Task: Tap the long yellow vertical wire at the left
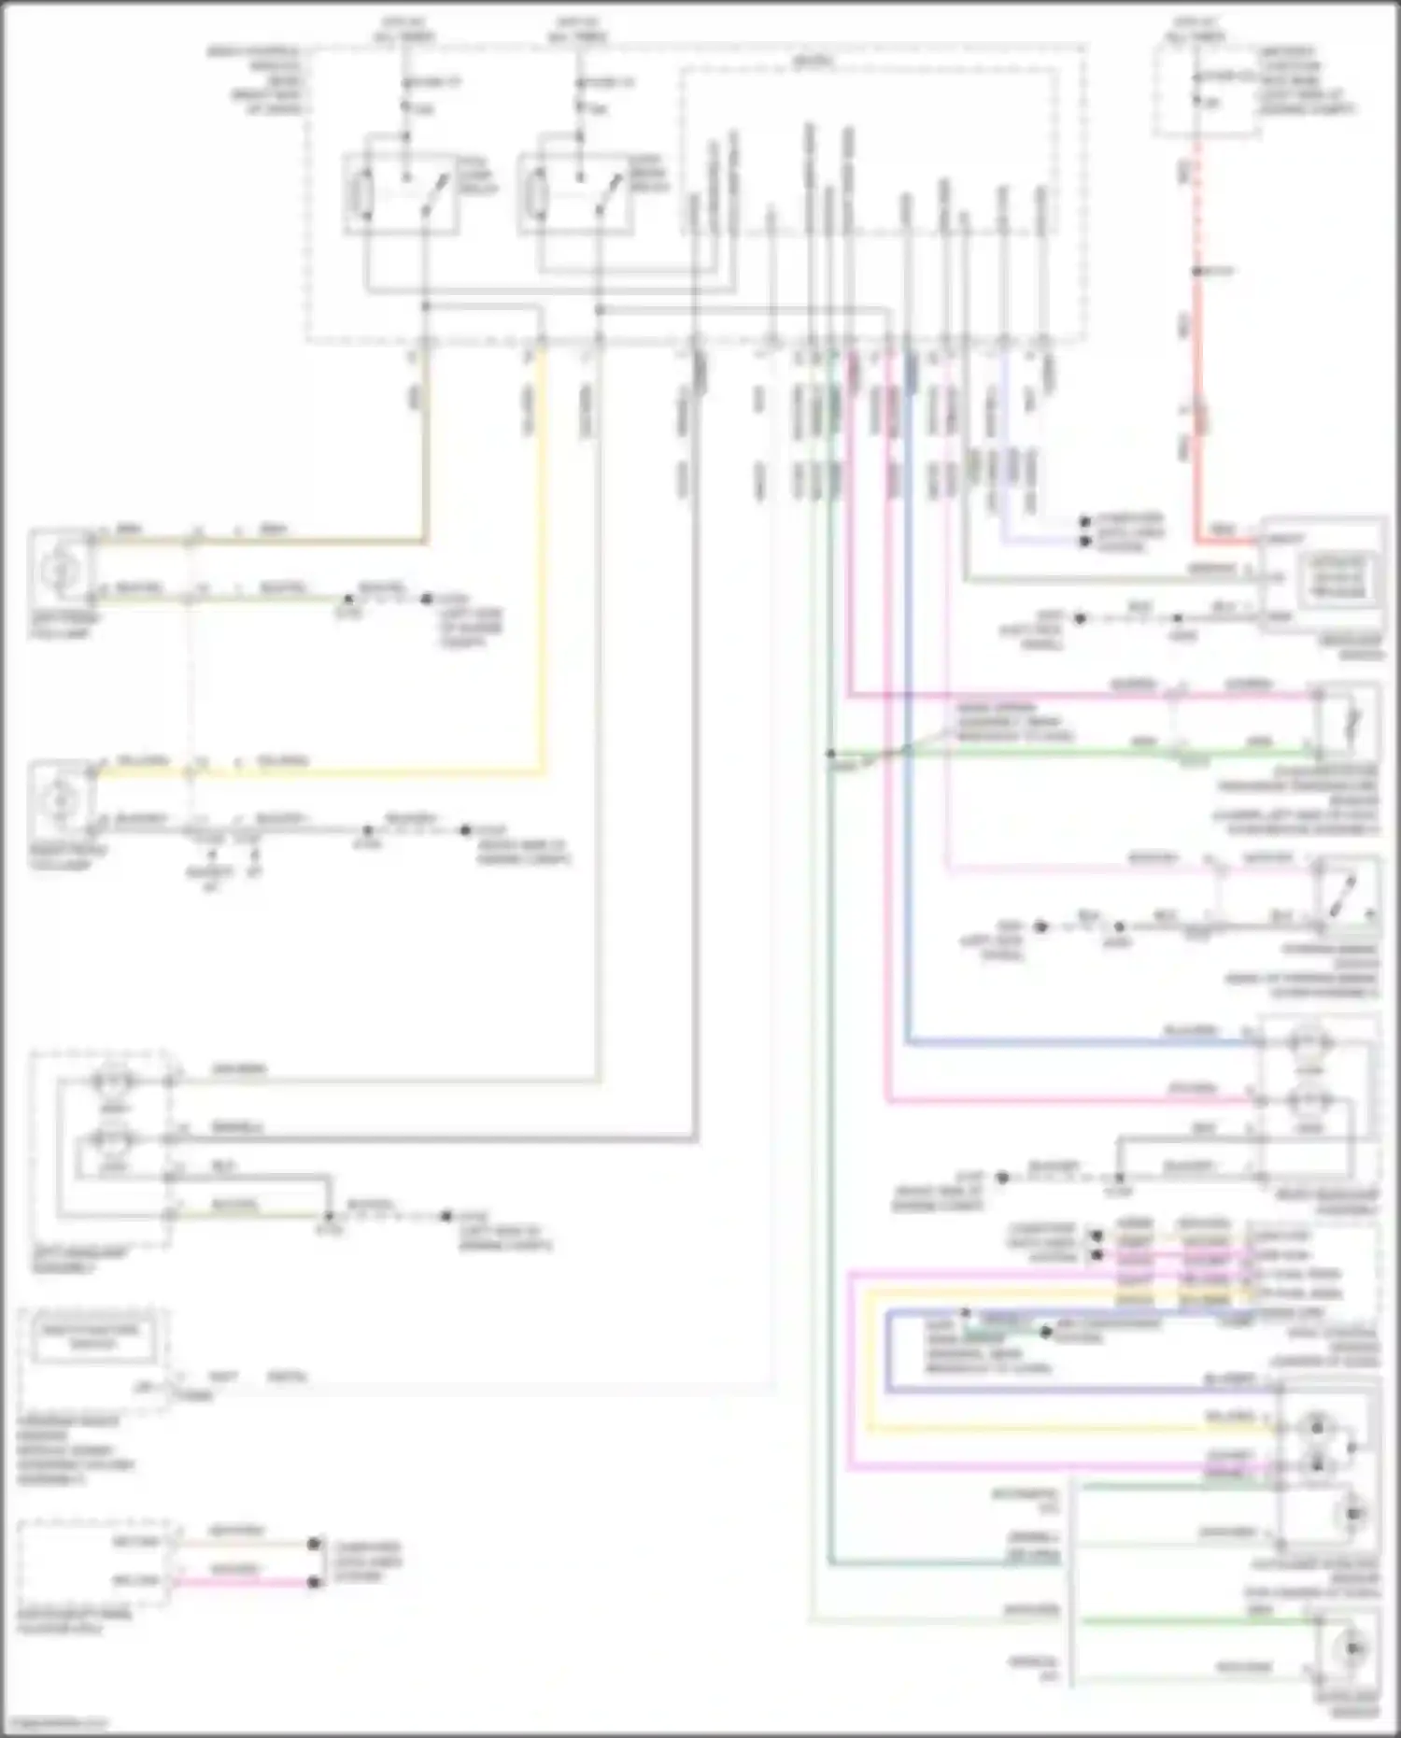542,560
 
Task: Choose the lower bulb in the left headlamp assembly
113,1140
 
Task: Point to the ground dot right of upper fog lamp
427,599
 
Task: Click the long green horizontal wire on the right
1074,752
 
